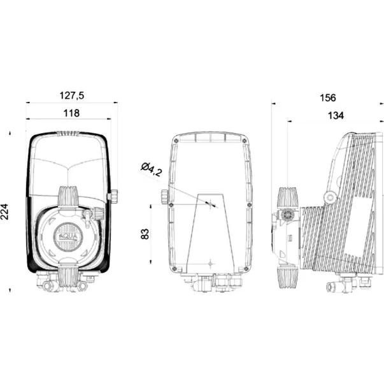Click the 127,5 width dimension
pyautogui.click(x=72, y=96)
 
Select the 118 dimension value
pyautogui.click(x=71, y=113)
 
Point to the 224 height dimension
pyautogui.click(x=4, y=211)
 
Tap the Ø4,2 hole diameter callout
pyautogui.click(x=152, y=169)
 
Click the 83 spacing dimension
pyautogui.click(x=145, y=234)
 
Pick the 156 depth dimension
pyautogui.click(x=328, y=97)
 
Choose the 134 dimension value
pyautogui.click(x=336, y=115)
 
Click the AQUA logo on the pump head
pyautogui.click(x=69, y=237)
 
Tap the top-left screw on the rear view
pyautogui.click(x=176, y=141)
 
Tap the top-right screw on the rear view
pyautogui.click(x=245, y=141)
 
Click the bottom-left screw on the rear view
pyautogui.click(x=174, y=268)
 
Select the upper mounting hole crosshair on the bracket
pyautogui.click(x=210, y=203)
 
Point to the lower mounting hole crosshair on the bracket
pyautogui.click(x=210, y=264)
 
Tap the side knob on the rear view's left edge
pyautogui.click(x=164, y=196)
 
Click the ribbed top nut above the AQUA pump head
pyautogui.click(x=68, y=196)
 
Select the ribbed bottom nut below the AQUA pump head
pyautogui.click(x=68, y=277)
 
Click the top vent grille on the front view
pyautogui.click(x=68, y=134)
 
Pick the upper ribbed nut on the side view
pyautogui.click(x=288, y=198)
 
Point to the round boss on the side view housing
pyautogui.click(x=331, y=197)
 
